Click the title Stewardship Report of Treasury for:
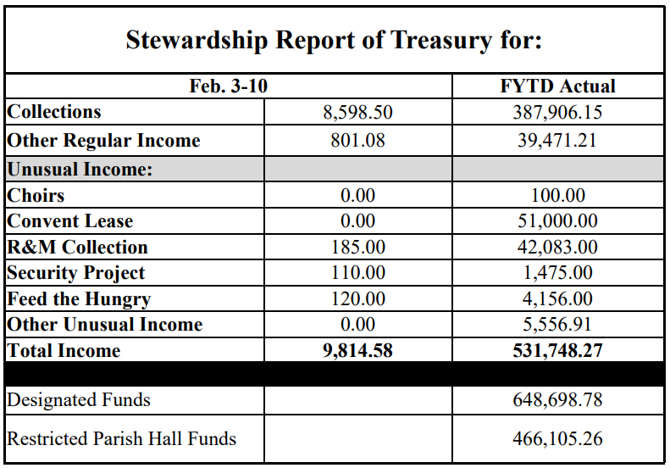[334, 40]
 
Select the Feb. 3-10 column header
[229, 86]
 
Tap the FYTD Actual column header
[557, 86]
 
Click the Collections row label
[54, 112]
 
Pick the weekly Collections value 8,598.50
[357, 113]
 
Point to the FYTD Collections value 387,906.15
[557, 113]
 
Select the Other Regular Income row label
[103, 141]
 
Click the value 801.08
[357, 141]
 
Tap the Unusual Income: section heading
[80, 169]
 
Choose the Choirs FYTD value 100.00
[557, 196]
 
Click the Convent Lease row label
[70, 221]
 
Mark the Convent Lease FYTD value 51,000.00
[557, 221]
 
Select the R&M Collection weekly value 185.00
[357, 248]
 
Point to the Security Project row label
[76, 273]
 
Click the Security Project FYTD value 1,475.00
[557, 273]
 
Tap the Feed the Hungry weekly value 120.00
[357, 299]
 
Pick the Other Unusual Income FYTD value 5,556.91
[557, 325]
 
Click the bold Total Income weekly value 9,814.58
[357, 350]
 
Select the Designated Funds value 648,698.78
[557, 399]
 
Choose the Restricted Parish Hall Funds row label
[122, 438]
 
